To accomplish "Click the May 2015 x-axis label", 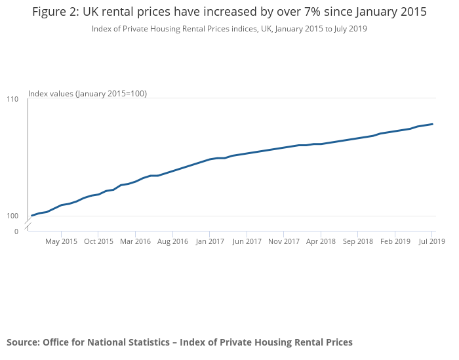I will pos(61,241).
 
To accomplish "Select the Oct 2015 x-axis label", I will pos(98,241).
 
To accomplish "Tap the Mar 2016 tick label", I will pos(135,241).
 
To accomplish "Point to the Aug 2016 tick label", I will pos(172,241).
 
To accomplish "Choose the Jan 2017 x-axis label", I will pos(209,241).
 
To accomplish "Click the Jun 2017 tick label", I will pos(247,241).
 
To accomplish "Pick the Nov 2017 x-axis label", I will pos(284,241).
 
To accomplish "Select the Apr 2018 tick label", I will pos(321,241).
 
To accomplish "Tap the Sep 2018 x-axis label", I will pos(358,241).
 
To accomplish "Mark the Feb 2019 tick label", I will pos(395,241).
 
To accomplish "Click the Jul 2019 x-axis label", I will pos(432,241).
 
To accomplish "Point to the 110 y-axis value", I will pos(12,99).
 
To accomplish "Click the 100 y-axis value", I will pos(12,216).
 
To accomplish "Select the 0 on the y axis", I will pos(16,231).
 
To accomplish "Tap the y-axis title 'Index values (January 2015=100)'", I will pos(87,94).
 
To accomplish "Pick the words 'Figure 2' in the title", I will pos(55,12).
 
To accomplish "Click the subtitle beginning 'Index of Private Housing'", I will pos(229,28).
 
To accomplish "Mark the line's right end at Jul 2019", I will pos(433,124).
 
